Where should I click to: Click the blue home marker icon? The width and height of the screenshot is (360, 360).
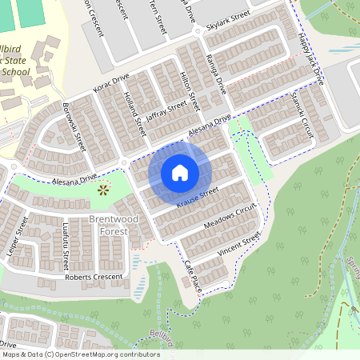coord(180,172)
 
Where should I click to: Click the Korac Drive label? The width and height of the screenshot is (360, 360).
coord(111,82)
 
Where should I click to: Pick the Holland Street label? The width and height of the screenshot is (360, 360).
coord(134,112)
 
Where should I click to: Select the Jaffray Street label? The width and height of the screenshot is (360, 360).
coord(166,110)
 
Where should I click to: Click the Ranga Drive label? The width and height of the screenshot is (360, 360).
coord(215,76)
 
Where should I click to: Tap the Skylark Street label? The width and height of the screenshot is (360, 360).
coord(228,19)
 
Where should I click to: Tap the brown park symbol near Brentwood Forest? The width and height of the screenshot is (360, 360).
coord(102,190)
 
